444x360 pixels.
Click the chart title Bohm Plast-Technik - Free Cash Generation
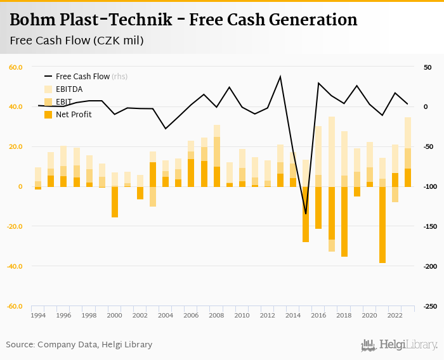pos(183,20)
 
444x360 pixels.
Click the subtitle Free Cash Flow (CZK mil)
pos(77,41)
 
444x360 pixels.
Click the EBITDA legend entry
pos(69,89)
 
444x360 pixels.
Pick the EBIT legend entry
pos(64,102)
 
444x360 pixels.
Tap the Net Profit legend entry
pos(73,115)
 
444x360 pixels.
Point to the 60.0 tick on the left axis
pos(16,67)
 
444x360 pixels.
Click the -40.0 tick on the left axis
pos(15,266)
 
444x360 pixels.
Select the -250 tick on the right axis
pos(429,306)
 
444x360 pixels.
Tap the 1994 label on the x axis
pos(38,315)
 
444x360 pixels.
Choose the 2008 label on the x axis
pos(216,315)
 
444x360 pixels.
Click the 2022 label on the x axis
pos(395,315)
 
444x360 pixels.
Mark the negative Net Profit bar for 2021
pos(382,225)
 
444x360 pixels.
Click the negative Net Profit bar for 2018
pos(344,221)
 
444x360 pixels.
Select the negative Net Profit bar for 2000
pos(115,202)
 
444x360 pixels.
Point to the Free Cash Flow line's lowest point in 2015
pos(306,214)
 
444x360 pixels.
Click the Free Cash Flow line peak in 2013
pos(280,77)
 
